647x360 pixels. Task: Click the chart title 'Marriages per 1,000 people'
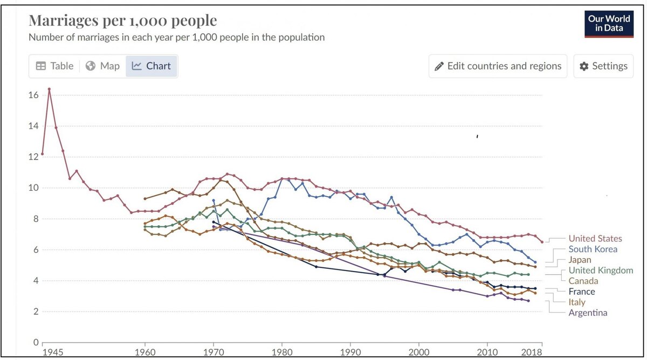122,20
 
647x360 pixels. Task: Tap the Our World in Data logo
609,23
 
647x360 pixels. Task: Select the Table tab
54,66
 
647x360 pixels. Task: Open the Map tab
102,66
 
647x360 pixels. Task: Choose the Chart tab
152,66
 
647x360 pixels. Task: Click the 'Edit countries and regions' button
498,66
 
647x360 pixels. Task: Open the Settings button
603,66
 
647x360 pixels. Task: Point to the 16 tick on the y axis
33,95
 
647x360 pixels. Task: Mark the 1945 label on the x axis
52,352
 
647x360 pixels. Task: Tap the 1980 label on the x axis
282,352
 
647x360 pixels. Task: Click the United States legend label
595,238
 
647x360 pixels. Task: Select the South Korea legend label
593,249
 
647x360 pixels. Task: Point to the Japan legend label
580,260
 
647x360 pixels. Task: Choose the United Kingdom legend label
601,270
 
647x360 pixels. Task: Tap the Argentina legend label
588,313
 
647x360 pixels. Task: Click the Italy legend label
576,302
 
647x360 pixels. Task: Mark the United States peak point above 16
49,89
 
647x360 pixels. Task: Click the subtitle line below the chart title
176,37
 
